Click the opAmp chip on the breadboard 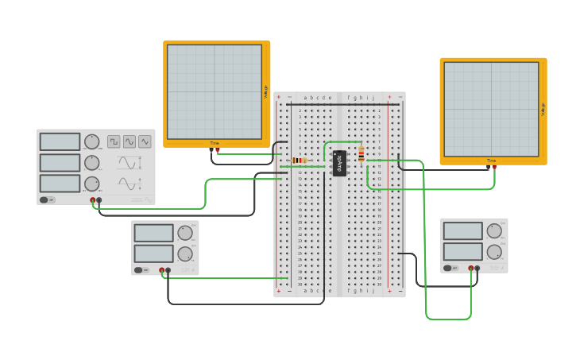339,162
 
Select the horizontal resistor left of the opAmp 300,161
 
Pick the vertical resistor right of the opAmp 361,154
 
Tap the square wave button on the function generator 114,141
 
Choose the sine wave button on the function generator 129,141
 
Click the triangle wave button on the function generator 144,141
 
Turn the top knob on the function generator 92,141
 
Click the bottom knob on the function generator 92,184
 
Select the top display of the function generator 60,141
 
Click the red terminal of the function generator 93,200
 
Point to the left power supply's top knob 184,233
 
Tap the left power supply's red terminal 162,270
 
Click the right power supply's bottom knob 494,252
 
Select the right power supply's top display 462,231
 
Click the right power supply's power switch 450,268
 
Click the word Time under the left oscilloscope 215,143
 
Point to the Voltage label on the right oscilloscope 543,109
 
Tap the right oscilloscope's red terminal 494,167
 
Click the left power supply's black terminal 168,270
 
